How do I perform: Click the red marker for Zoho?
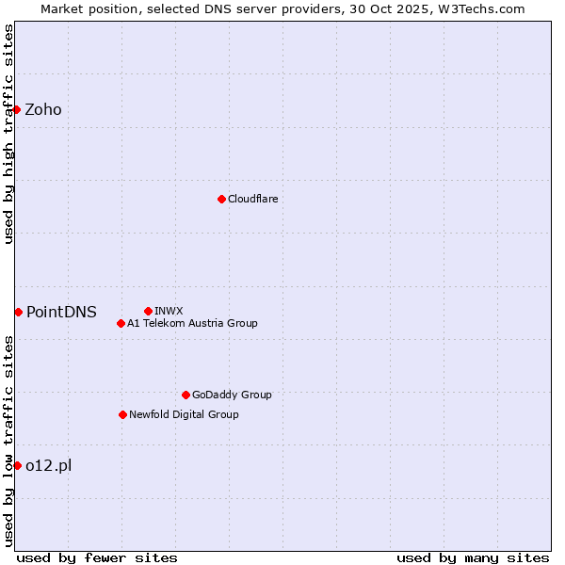16,109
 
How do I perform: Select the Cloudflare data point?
221,199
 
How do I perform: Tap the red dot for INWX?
148,311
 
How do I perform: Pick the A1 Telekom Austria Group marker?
121,323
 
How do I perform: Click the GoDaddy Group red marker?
186,395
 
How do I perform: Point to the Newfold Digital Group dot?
122,414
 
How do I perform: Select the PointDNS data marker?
18,312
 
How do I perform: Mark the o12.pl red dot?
17,465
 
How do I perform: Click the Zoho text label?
43,109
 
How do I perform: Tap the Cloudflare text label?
252,199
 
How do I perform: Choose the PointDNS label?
61,312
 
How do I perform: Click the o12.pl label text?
49,465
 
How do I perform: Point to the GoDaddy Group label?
232,395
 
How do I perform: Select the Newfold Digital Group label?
184,414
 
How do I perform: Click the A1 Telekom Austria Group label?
192,323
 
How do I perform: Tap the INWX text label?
169,311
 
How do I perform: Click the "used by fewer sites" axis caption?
97,557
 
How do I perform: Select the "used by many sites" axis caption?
473,557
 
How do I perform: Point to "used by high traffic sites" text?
8,134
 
